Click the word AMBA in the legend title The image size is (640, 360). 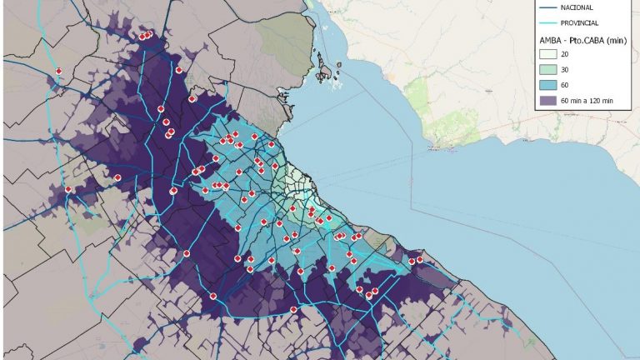tap(550, 40)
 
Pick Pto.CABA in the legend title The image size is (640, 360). tap(584, 40)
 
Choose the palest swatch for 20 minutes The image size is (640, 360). tap(547, 54)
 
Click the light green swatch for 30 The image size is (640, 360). tap(547, 69)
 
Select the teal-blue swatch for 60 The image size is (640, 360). tap(547, 85)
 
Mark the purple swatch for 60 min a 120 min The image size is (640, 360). tap(547, 100)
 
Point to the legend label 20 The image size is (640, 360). tap(565, 54)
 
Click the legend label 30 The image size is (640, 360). tap(565, 69)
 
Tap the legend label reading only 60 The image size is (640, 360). tap(565, 85)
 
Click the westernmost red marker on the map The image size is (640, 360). tap(59, 71)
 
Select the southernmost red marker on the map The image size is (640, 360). tap(293, 310)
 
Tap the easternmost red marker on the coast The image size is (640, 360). tap(420, 259)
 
